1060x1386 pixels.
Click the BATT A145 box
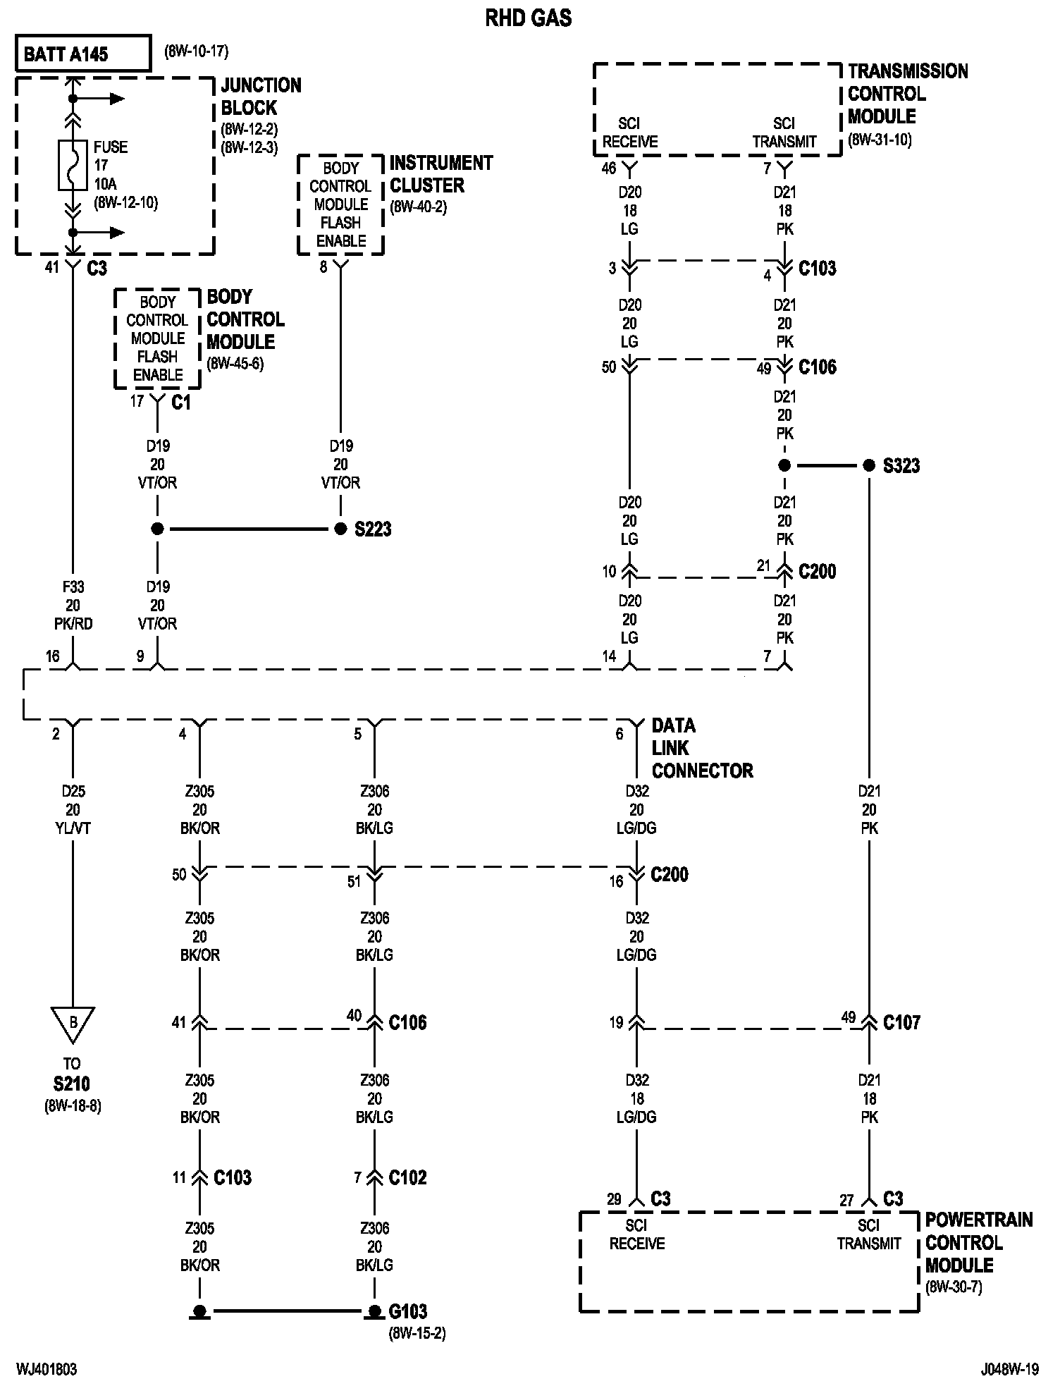[83, 54]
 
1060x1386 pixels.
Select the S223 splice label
[373, 529]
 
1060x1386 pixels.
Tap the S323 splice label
[901, 466]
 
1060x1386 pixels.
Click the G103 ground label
[408, 1311]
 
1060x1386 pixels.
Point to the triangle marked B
[72, 1023]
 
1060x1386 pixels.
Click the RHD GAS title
[528, 18]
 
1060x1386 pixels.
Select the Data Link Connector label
[702, 748]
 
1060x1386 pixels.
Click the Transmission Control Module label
[907, 94]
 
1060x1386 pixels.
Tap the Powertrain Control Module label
[978, 1242]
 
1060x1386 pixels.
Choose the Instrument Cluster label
[440, 174]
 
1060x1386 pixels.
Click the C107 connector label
[901, 1022]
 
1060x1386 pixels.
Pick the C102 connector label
[408, 1177]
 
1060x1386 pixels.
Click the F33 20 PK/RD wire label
[73, 605]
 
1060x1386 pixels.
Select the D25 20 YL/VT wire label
[73, 809]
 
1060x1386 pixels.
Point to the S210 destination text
[72, 1084]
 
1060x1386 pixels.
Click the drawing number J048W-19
[1009, 1369]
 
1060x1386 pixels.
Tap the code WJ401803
[47, 1369]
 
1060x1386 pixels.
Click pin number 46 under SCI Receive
[609, 168]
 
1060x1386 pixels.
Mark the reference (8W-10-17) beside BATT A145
[196, 51]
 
